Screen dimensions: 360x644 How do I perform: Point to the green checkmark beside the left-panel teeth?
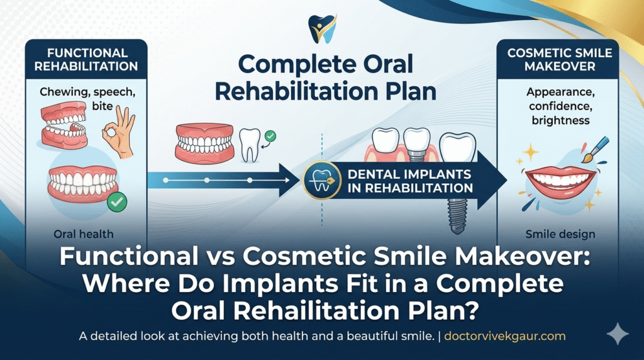pyautogui.click(x=117, y=202)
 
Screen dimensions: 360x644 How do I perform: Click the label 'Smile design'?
pyautogui.click(x=560, y=235)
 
